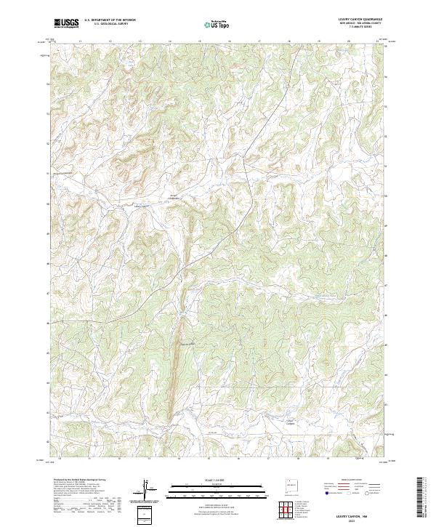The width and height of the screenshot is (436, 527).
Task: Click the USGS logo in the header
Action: point(66,23)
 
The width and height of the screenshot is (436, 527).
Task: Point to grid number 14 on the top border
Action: point(169,41)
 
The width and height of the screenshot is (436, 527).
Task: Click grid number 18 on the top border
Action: point(289,41)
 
